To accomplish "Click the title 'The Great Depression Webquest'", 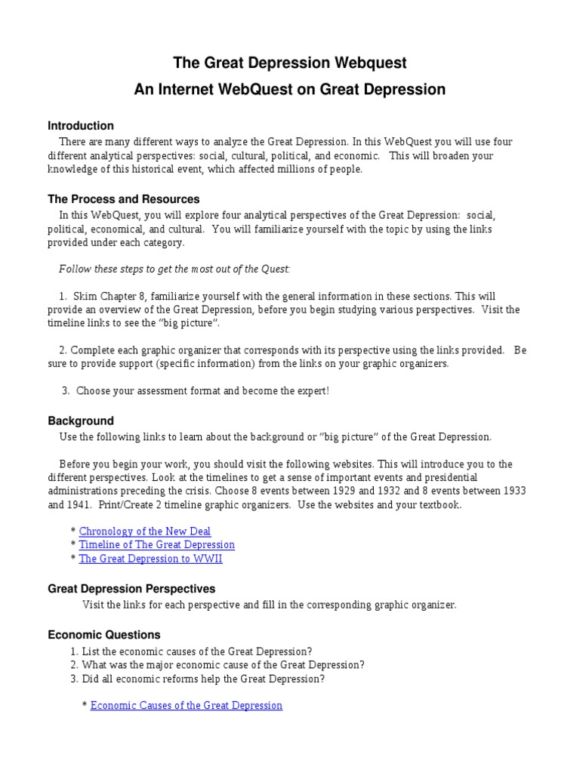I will coord(290,62).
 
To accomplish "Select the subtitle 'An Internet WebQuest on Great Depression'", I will coord(290,90).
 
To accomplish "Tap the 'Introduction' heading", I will coord(81,126).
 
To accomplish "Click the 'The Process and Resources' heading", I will coord(124,199).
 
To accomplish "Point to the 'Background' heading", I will coord(81,420).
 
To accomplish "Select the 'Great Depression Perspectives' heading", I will coord(131,588).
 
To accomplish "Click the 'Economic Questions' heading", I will coord(104,635).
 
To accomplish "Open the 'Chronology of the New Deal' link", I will coord(145,531).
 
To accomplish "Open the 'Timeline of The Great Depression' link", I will coord(157,545).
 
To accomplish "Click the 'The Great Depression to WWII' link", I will coord(151,559).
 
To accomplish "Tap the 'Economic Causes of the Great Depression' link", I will coord(186,706).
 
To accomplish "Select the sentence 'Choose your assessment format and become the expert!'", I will coord(202,391).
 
